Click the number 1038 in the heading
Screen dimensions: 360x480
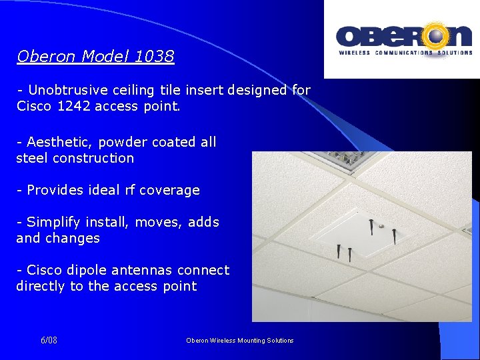click(154, 57)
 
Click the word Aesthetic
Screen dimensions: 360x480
click(56, 142)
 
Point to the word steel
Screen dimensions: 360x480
click(33, 158)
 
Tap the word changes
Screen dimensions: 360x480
click(78, 238)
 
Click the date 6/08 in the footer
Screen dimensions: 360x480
click(49, 341)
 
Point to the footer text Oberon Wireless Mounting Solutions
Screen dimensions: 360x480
click(239, 341)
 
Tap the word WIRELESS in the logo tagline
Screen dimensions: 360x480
click(355, 52)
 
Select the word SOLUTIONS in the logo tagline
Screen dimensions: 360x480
click(455, 52)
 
